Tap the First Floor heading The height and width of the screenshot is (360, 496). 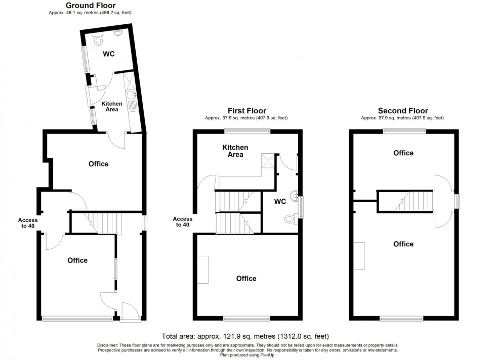click(x=246, y=111)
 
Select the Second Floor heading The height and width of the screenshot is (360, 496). click(x=403, y=111)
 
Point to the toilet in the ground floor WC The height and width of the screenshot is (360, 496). click(x=98, y=38)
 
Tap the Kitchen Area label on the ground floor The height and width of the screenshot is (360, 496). click(x=112, y=106)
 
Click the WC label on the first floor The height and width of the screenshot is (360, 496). click(x=280, y=202)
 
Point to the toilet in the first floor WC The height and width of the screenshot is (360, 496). click(x=290, y=218)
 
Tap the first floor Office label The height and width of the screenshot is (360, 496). click(x=246, y=279)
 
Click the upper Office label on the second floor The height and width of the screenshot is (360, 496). click(x=403, y=153)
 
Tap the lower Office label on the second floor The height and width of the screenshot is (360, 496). click(x=403, y=244)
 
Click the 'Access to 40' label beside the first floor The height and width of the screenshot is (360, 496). click(x=183, y=222)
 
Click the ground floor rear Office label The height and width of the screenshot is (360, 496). click(x=99, y=164)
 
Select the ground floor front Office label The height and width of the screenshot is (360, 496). click(x=77, y=260)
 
